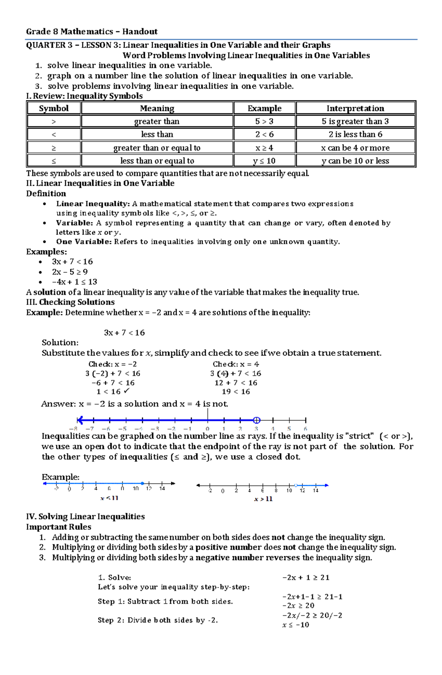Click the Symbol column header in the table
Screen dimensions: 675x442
point(54,108)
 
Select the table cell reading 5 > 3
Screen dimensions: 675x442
point(264,121)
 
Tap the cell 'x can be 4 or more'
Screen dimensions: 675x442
point(355,148)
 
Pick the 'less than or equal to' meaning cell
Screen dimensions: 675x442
point(157,161)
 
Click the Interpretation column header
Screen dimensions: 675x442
point(355,108)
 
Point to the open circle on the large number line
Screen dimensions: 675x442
point(257,420)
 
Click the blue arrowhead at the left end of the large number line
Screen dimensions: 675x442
point(80,420)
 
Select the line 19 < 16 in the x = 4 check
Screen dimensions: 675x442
point(236,392)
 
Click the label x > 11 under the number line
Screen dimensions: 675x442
point(263,499)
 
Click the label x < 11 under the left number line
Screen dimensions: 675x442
point(109,498)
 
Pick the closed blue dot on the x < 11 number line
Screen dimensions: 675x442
point(142,483)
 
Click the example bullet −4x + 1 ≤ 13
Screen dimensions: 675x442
point(74,282)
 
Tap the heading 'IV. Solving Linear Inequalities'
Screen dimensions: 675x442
point(85,516)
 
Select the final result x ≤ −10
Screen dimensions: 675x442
point(295,625)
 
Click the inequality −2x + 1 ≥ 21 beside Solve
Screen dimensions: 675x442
point(306,578)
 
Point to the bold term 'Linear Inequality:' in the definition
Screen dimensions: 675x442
point(93,204)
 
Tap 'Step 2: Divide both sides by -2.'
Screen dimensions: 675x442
point(158,620)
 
